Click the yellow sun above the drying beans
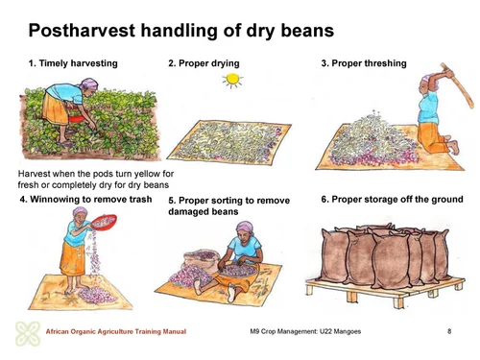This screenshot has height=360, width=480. (x=231, y=83)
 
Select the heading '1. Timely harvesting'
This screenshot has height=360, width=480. (x=73, y=63)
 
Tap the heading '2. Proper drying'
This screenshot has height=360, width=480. (x=204, y=63)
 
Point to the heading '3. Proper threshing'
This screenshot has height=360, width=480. (x=364, y=63)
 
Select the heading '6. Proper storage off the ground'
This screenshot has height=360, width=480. (x=392, y=200)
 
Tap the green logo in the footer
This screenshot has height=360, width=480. (x=27, y=333)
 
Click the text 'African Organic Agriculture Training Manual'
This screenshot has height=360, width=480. (x=116, y=333)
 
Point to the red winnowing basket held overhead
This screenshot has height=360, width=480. (x=103, y=223)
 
